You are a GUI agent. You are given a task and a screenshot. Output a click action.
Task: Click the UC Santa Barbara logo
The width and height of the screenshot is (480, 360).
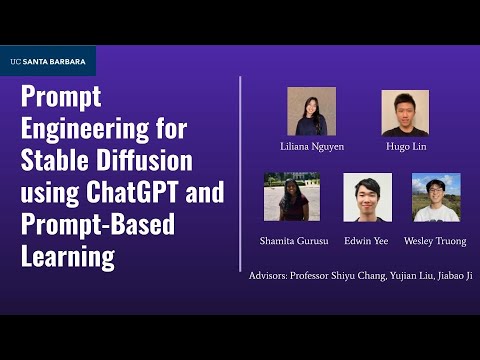coord(47,61)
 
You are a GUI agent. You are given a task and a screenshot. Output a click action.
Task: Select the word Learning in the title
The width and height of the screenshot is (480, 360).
coord(68,255)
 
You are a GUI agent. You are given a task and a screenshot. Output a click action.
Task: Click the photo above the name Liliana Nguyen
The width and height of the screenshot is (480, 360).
coord(311,111)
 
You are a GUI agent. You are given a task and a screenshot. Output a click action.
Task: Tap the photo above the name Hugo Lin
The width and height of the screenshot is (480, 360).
coord(405,112)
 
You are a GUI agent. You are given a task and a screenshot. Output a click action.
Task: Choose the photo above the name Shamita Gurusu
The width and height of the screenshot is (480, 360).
coord(292,197)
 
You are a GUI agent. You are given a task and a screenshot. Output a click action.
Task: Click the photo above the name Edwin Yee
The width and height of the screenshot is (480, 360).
coord(367,197)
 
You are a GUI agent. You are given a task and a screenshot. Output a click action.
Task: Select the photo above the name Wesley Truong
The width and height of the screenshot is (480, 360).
coord(436,197)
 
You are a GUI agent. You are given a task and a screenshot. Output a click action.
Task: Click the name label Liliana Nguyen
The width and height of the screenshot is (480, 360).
coord(311,146)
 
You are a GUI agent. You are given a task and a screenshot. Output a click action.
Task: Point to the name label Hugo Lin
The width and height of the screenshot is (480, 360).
coord(405,146)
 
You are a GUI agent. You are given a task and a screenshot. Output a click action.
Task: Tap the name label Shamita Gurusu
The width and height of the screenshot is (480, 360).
coord(292,241)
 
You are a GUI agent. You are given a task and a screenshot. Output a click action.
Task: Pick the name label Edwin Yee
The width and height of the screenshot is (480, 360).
coord(367,241)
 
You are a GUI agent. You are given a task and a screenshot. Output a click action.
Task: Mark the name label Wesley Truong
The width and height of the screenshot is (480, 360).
coord(435,241)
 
